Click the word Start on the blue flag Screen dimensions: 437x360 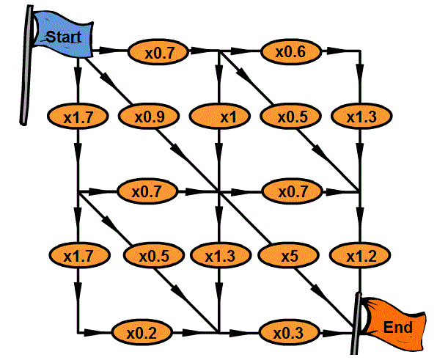click(x=64, y=37)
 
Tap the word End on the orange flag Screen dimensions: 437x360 click(x=397, y=328)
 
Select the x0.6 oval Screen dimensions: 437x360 click(x=290, y=51)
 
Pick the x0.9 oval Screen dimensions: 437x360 click(x=149, y=116)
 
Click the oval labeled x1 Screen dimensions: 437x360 click(x=220, y=116)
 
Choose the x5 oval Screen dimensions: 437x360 click(x=288, y=255)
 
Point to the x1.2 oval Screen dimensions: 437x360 click(x=360, y=255)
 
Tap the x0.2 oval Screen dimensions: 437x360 click(x=142, y=333)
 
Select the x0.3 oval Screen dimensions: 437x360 click(x=288, y=332)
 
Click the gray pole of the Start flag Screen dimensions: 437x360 click(x=26, y=65)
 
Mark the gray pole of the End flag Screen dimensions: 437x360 click(x=356, y=324)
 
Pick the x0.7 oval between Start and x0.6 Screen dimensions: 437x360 click(x=158, y=52)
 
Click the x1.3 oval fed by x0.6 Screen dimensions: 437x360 click(x=361, y=116)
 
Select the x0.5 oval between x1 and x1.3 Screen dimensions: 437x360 click(x=290, y=116)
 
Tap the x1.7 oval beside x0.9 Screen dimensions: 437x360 click(x=78, y=116)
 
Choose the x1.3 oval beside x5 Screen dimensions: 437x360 click(x=220, y=255)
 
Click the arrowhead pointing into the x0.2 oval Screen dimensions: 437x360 click(x=92, y=332)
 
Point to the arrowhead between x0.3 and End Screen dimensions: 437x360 click(x=331, y=333)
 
